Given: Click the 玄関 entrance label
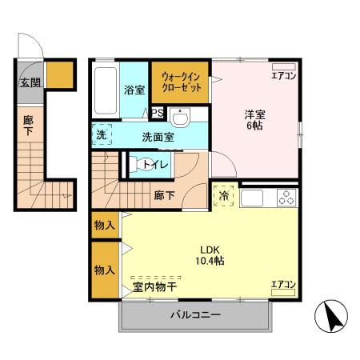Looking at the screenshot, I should pos(29,82).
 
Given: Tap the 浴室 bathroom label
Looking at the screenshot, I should pos(133,90).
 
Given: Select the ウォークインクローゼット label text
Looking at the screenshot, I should pos(181,82).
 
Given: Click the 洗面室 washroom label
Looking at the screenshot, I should pos(158,136).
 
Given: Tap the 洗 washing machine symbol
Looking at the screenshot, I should pos(101,135).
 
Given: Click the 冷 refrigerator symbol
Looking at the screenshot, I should pos(222,195).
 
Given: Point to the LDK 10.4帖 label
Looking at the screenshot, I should pos(206,254).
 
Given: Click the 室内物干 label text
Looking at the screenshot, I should pos(154,286).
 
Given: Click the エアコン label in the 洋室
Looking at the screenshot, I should pos(283,76).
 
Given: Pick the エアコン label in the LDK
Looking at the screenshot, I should pos(283,284).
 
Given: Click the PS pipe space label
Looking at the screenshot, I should pos(157,113).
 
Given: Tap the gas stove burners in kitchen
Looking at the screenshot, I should pos(285,196).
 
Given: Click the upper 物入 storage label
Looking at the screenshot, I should pos(105,225).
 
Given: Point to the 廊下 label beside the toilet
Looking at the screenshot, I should pos(164,194).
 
